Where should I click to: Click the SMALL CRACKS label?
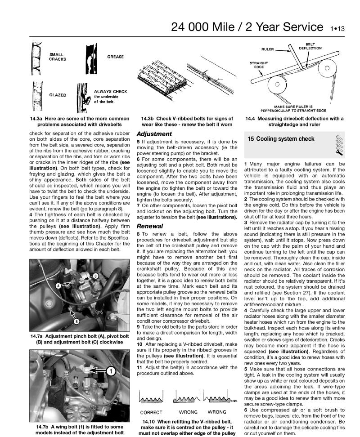tap(57, 57)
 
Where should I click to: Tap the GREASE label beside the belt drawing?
tap(115, 57)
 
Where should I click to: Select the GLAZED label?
tap(58, 95)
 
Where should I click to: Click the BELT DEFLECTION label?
tap(310, 46)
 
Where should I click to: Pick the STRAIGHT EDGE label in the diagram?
tap(257, 66)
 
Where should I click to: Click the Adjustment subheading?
tap(154, 134)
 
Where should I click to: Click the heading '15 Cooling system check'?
tap(281, 139)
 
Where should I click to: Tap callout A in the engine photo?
tap(58, 285)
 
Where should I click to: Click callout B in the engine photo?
tap(76, 321)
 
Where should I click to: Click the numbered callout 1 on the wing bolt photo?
tap(110, 371)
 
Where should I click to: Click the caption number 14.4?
tap(252, 119)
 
